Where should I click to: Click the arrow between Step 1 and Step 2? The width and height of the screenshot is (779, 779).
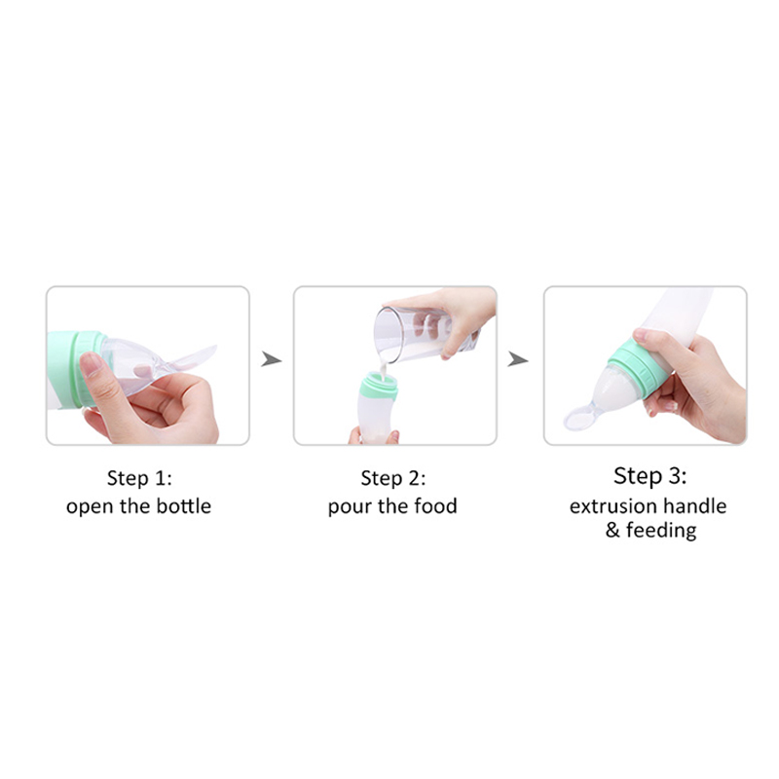[271, 358]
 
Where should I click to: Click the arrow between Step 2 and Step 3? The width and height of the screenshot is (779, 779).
[517, 358]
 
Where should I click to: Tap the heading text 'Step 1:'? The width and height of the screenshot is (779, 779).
[139, 478]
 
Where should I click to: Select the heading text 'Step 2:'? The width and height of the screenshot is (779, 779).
[393, 478]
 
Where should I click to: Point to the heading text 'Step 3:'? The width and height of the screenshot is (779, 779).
[649, 476]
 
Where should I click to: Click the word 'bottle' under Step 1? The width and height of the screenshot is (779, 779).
[184, 506]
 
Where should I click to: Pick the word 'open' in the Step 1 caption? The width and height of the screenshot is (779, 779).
[91, 507]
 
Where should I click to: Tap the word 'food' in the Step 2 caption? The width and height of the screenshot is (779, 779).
[435, 506]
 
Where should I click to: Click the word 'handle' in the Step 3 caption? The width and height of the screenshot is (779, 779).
[694, 506]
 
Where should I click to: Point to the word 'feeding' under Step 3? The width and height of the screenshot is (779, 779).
[661, 531]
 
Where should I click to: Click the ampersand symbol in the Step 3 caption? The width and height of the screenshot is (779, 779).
[612, 530]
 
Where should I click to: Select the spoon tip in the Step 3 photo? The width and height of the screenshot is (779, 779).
[577, 419]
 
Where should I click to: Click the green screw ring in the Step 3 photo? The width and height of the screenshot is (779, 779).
[641, 367]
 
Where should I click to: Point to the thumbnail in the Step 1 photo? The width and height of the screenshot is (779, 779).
[91, 363]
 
